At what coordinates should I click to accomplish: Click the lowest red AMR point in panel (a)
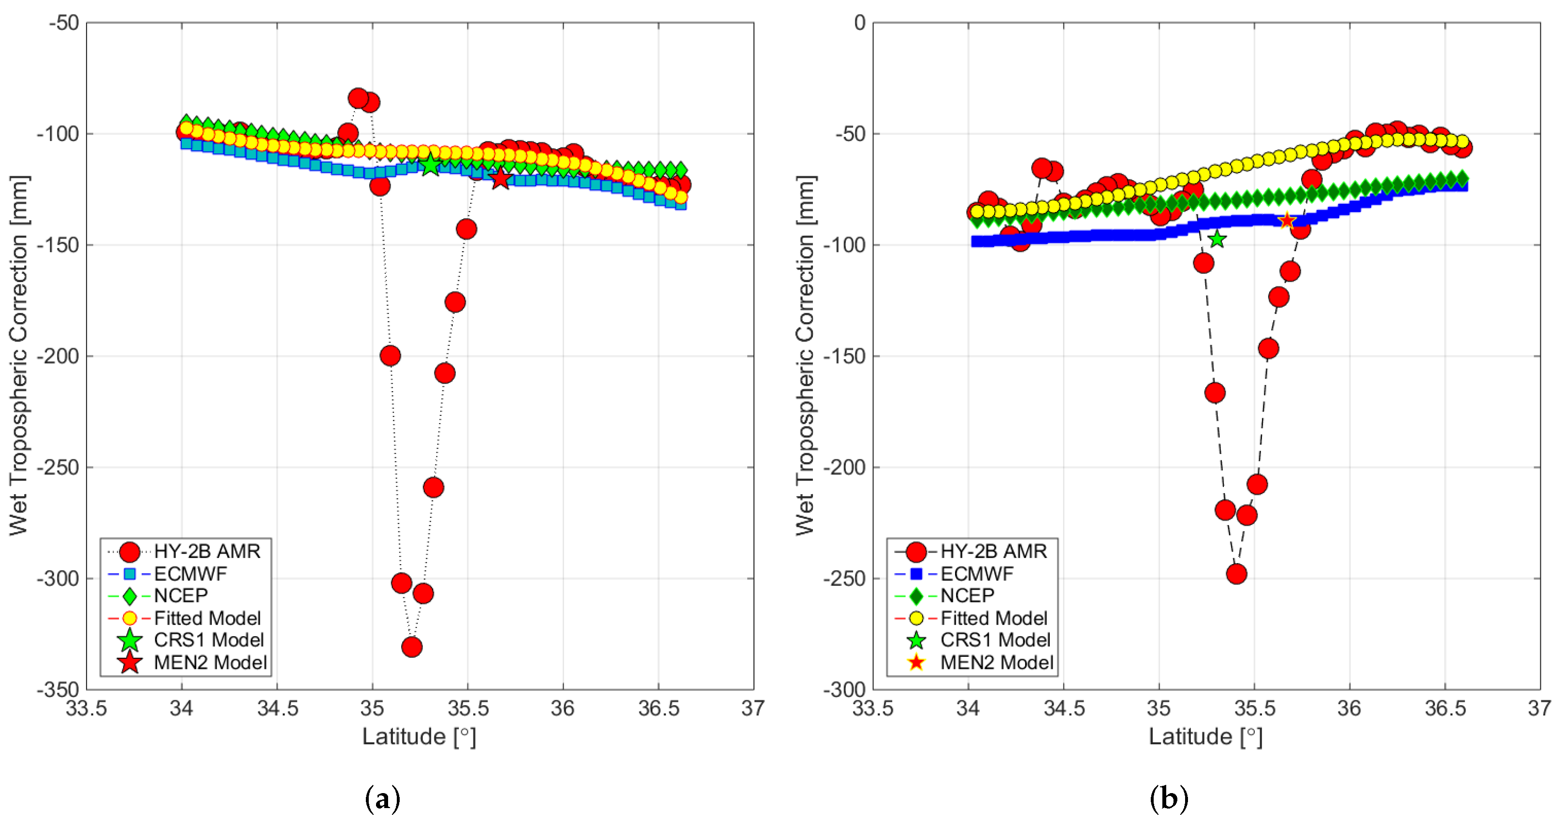412,647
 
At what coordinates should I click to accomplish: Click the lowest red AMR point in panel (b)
1237,573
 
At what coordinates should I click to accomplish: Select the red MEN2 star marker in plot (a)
500,178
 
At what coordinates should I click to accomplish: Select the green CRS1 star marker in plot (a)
431,164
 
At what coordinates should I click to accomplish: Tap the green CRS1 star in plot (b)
1216,239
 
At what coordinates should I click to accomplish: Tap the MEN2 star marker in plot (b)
1287,221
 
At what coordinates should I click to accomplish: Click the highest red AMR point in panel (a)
358,98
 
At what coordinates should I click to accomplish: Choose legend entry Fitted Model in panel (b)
993,618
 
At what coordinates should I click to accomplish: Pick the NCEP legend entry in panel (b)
967,595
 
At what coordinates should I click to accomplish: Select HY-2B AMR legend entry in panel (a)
206,551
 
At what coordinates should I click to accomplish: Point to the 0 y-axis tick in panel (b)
859,23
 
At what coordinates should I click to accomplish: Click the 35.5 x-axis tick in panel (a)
467,708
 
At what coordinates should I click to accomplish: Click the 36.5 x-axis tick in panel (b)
1445,708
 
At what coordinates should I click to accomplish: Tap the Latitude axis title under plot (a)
419,737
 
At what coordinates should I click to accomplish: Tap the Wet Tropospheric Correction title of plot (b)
805,355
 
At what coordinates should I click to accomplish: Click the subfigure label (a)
382,798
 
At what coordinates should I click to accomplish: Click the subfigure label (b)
1169,798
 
